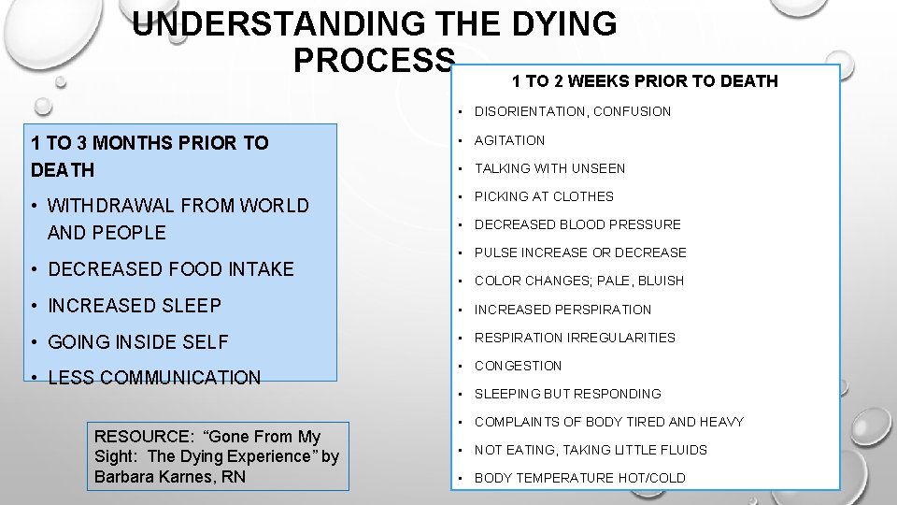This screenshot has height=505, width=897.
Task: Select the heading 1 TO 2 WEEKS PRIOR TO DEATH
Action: (645, 81)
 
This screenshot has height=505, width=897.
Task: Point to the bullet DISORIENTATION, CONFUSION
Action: (573, 112)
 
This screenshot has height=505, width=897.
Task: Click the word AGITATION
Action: (509, 140)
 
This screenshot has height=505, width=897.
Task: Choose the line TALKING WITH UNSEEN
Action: (549, 168)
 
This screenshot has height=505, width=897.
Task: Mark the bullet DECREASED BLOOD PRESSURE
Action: (577, 224)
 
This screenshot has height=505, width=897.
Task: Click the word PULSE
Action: (495, 252)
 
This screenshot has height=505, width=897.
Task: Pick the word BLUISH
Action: (661, 281)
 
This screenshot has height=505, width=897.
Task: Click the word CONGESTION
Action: (518, 366)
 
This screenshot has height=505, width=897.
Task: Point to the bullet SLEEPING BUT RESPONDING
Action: (567, 394)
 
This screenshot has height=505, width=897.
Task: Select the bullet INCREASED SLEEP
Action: (135, 306)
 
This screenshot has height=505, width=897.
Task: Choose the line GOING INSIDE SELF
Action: (137, 342)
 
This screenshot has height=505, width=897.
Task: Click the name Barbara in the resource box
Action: (125, 476)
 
